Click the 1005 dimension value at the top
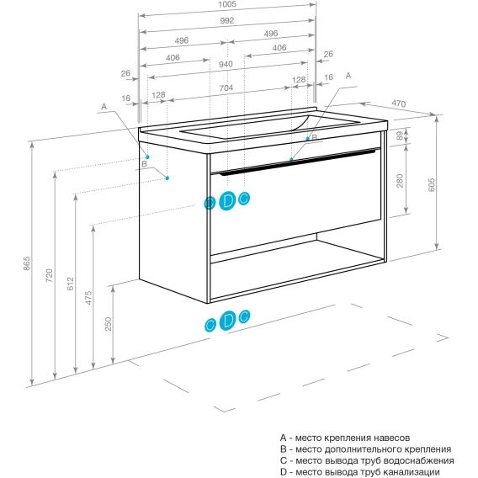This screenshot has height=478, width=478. click(x=227, y=4)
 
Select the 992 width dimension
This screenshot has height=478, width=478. click(x=227, y=20)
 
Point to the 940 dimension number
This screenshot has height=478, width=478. click(x=226, y=64)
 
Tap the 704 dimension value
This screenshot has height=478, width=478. click(x=226, y=88)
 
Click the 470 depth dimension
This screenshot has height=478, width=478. click(x=399, y=104)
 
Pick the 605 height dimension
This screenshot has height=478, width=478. click(x=432, y=185)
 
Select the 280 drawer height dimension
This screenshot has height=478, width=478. click(x=400, y=181)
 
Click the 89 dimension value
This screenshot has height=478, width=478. click(x=400, y=135)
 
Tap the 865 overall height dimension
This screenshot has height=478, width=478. click(x=27, y=263)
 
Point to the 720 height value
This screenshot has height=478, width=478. click(x=49, y=275)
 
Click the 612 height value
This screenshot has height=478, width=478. click(x=71, y=284)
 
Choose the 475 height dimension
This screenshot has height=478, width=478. click(x=88, y=298)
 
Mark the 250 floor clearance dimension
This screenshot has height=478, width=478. click(x=109, y=324)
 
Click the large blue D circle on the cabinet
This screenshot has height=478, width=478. click(x=227, y=201)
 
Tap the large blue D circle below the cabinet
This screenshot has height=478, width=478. click(x=227, y=320)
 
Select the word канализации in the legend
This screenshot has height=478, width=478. click(x=412, y=472)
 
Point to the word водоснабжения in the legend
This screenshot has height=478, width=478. click(x=418, y=460)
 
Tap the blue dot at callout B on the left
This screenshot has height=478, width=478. click(x=167, y=178)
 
